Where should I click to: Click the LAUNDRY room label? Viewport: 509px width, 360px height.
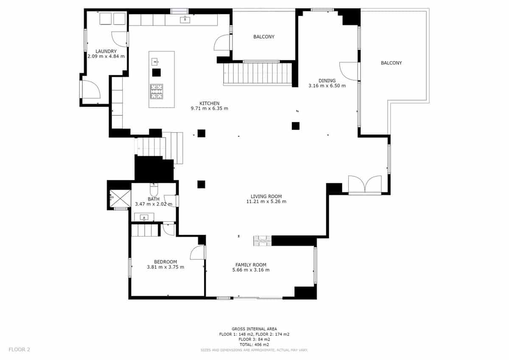point(106,51)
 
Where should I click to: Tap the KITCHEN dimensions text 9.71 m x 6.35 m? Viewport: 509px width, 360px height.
point(210,108)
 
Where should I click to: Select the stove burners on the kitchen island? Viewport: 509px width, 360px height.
point(157,92)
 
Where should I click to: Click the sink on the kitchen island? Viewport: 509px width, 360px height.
point(155,62)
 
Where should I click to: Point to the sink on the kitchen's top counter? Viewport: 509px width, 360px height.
point(185,20)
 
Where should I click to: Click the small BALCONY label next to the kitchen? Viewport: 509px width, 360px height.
point(264,37)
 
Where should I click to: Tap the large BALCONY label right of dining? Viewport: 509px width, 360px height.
point(391,63)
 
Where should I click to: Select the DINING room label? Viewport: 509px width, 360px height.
point(327,81)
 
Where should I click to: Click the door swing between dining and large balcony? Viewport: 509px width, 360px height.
point(349,71)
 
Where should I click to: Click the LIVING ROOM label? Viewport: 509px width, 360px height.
point(266,197)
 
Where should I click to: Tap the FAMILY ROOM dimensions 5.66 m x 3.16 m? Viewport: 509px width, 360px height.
point(251,270)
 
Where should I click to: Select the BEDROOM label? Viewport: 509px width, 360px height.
point(165,262)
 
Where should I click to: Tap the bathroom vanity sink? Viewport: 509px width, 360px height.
point(144,218)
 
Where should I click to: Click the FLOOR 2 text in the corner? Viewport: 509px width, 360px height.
point(20,350)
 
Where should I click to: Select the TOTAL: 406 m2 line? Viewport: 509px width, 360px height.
point(254,345)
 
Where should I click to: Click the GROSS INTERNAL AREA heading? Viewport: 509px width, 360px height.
point(254,329)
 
